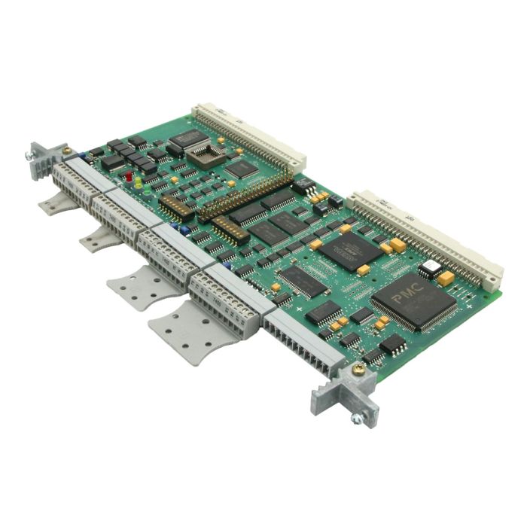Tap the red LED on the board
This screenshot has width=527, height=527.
click(x=129, y=178)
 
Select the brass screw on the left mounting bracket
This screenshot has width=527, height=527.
click(x=68, y=151)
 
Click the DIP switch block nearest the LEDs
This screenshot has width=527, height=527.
click(x=172, y=207)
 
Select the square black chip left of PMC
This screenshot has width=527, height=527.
click(x=351, y=251)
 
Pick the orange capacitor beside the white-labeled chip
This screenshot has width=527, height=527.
click(x=446, y=279)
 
